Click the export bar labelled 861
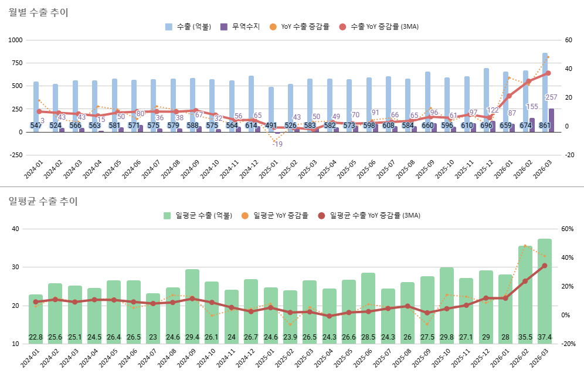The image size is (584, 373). pos(545,88)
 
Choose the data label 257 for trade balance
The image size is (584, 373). pos(551,97)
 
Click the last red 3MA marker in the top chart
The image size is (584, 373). pos(548,73)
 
